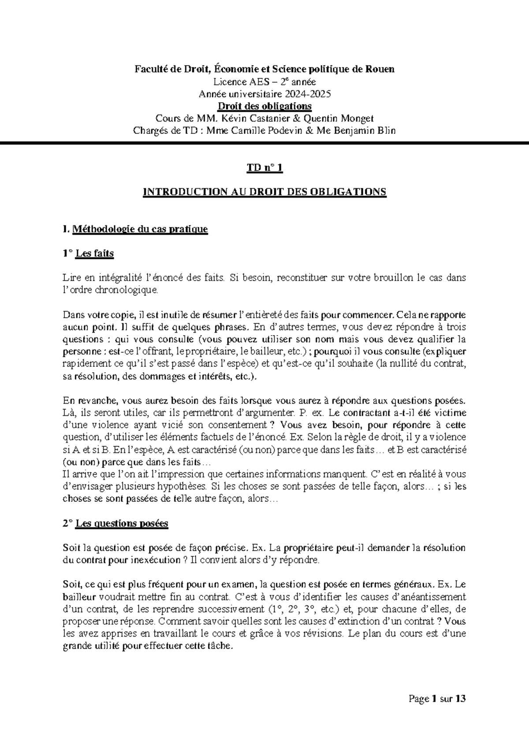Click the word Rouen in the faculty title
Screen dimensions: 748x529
click(x=380, y=69)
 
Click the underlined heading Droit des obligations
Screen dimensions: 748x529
click(x=264, y=106)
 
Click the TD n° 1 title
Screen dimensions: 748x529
click(x=264, y=168)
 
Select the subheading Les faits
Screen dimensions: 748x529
click(x=94, y=254)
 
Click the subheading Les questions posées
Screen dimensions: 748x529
click(x=122, y=524)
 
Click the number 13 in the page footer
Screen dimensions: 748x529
click(x=461, y=699)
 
